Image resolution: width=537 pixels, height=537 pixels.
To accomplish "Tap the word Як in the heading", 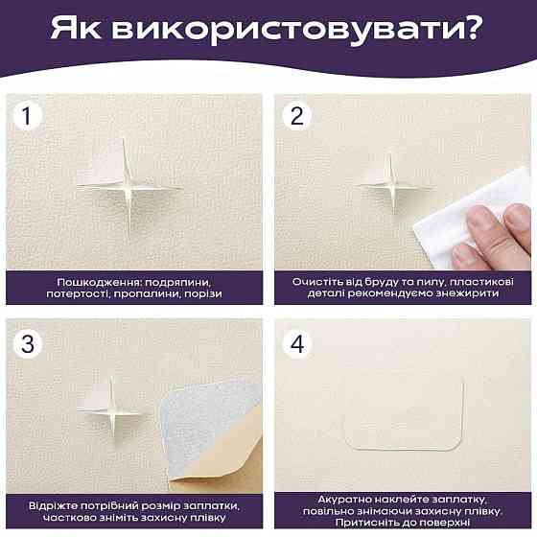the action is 76,28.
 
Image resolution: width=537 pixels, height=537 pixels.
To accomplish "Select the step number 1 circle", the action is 27,116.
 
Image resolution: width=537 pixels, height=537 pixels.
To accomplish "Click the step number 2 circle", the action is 296,116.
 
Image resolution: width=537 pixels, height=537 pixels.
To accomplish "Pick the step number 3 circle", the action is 28,344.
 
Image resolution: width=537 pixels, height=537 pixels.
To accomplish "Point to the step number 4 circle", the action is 297,344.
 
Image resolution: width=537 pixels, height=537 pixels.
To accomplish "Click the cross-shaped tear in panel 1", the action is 128,188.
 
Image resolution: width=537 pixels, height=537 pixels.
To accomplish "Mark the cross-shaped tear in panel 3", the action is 112,408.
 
